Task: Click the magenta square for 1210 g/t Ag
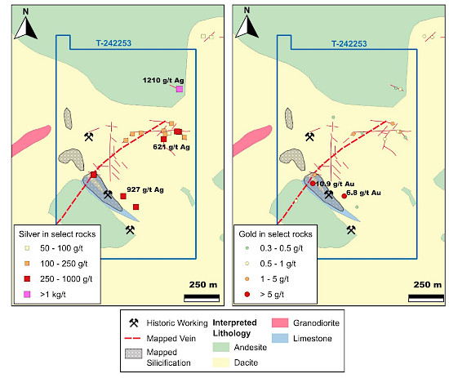(180, 89)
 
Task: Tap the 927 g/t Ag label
(145, 189)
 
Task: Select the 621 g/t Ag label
(171, 147)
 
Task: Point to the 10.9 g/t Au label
(335, 184)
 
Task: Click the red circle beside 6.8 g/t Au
(344, 196)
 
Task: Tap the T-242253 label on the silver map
(113, 43)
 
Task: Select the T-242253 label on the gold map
(349, 44)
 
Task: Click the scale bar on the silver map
(202, 298)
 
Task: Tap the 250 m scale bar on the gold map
(426, 298)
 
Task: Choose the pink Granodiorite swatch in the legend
(280, 323)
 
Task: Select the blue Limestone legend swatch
(280, 338)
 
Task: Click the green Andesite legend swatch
(221, 347)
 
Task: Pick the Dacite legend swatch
(221, 362)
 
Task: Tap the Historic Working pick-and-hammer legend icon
(134, 322)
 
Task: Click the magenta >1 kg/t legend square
(27, 294)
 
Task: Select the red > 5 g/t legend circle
(247, 294)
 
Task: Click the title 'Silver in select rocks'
(57, 234)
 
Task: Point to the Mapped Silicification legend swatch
(133, 354)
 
